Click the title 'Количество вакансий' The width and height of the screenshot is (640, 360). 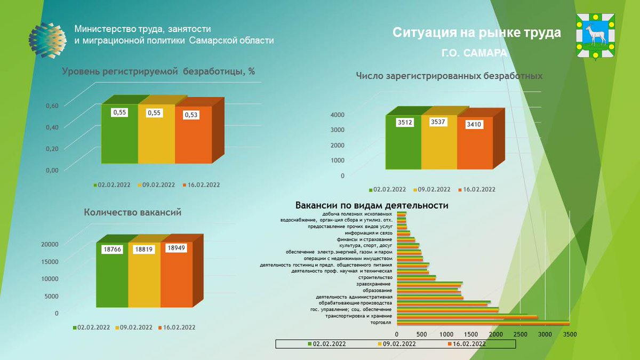coord(133,212)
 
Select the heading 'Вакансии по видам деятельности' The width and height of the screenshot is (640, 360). coord(372,205)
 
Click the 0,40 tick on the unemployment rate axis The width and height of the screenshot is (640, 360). coord(51,127)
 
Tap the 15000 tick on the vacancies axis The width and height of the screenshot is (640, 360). coord(49,261)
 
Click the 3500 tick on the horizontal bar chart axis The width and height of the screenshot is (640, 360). coord(570,334)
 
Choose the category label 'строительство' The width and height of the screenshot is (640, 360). coord(375,277)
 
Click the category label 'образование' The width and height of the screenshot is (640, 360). coord(378,290)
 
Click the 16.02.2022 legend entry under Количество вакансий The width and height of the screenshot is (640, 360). coord(178,327)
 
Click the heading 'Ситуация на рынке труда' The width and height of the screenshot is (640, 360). coord(477,33)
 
